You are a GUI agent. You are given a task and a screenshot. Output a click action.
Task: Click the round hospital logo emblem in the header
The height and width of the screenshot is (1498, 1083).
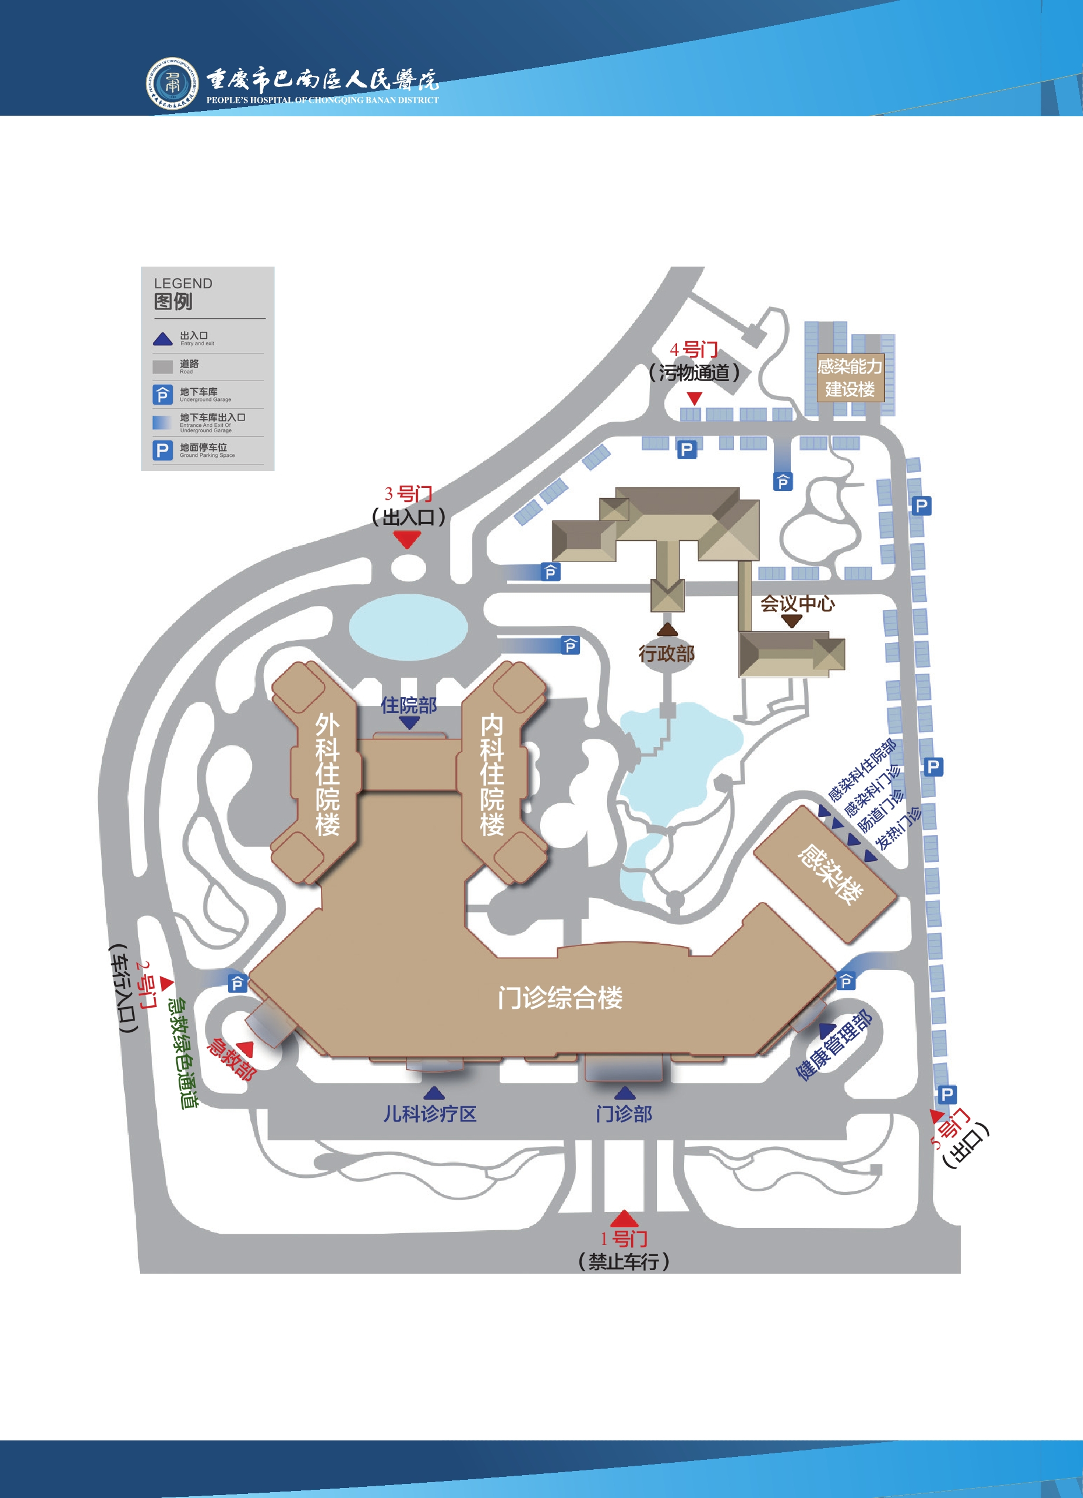172,83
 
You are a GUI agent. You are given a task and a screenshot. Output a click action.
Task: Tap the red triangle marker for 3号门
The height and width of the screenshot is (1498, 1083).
407,540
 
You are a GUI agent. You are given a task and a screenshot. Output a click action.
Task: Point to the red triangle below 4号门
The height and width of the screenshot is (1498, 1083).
694,398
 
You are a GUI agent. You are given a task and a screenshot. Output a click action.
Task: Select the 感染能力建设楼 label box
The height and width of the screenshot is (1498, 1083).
850,377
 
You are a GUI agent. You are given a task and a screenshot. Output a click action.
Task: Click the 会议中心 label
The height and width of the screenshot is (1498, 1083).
797,603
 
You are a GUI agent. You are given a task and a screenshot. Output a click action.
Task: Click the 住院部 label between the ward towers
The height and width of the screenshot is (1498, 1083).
408,705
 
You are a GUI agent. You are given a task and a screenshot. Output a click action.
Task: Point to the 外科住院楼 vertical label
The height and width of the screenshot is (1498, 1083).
327,774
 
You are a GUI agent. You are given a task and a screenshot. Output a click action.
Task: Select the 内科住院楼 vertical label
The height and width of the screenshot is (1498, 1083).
492,774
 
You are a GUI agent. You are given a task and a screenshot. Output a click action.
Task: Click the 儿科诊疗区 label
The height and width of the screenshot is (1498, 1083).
430,1115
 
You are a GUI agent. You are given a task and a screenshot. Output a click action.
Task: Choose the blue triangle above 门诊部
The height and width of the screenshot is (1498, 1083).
625,1093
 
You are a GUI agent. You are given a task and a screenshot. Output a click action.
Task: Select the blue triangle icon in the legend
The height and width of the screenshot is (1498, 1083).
163,339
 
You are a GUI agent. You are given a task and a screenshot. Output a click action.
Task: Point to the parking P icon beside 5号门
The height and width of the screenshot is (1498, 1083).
946,1095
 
